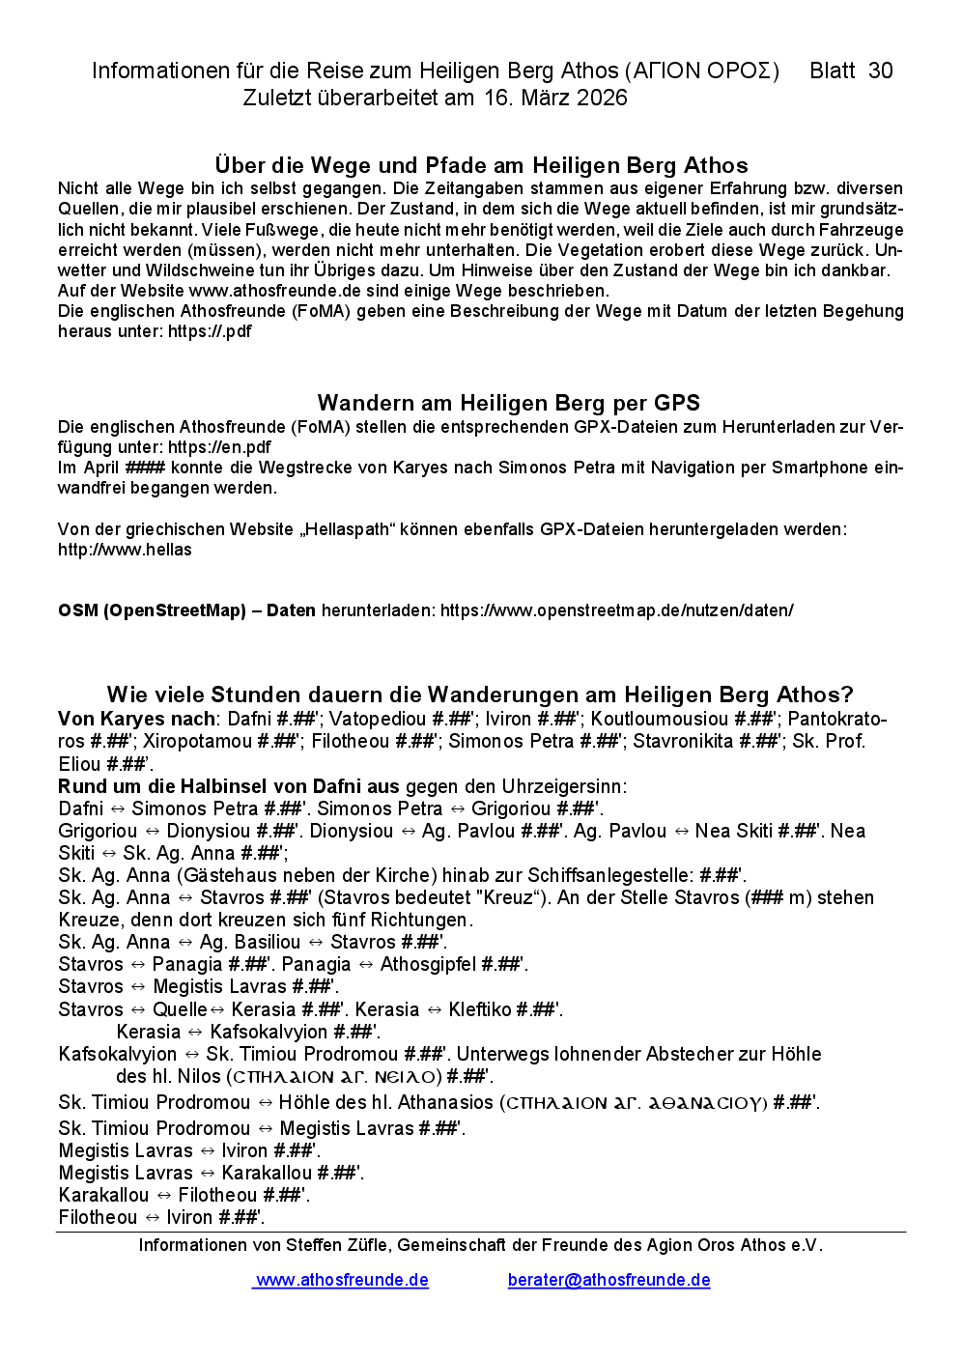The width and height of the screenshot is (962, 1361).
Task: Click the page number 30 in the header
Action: tap(880, 71)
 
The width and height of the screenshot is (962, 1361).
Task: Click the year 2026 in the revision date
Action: tap(602, 98)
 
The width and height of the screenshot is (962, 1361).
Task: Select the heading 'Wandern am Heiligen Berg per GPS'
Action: tap(509, 403)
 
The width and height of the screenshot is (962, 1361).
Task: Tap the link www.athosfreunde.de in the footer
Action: tap(342, 1280)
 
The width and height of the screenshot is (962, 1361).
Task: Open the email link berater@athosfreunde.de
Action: tap(608, 1280)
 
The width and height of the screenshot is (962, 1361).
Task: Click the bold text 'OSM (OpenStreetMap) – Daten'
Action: tap(186, 610)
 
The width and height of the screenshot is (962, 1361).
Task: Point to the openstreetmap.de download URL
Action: tap(617, 610)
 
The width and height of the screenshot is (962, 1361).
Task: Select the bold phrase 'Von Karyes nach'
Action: tap(136, 719)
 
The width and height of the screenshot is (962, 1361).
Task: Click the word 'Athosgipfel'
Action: tap(428, 964)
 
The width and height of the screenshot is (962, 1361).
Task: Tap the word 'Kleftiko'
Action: tap(480, 1009)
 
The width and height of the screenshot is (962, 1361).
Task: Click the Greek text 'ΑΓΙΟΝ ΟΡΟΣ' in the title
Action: tap(701, 71)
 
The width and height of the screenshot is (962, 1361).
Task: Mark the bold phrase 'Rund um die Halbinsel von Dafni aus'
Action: tap(229, 786)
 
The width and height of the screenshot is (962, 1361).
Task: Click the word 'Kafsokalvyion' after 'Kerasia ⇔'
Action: tap(269, 1032)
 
